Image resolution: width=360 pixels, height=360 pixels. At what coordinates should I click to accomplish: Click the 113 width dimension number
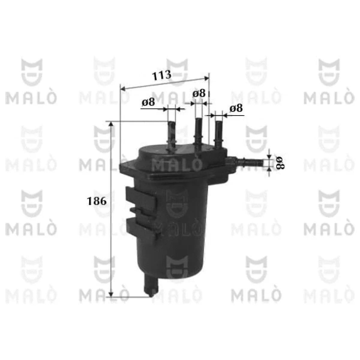coord(161,75)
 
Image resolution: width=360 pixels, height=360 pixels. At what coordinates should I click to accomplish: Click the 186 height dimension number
coord(97,201)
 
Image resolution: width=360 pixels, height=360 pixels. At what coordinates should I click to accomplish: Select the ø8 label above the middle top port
coord(199,93)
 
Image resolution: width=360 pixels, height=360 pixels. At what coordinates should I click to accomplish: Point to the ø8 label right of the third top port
coord(236,108)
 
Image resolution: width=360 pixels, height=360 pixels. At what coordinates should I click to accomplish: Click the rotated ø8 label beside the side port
coord(280,163)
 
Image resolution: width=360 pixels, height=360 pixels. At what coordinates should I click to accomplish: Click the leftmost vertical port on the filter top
coord(172,136)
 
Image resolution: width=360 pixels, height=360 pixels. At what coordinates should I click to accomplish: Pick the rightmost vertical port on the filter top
coord(219,134)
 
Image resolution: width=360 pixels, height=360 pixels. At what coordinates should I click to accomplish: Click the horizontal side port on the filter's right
coord(245,162)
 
